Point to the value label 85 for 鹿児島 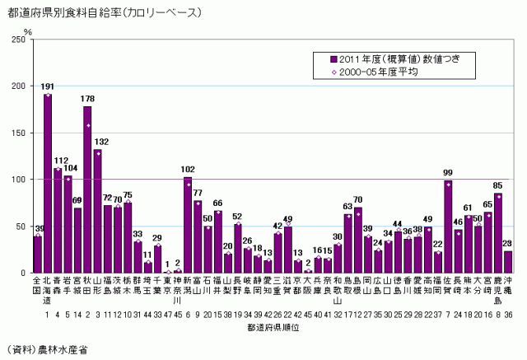[x=498, y=185]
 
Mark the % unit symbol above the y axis [x=27, y=31]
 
